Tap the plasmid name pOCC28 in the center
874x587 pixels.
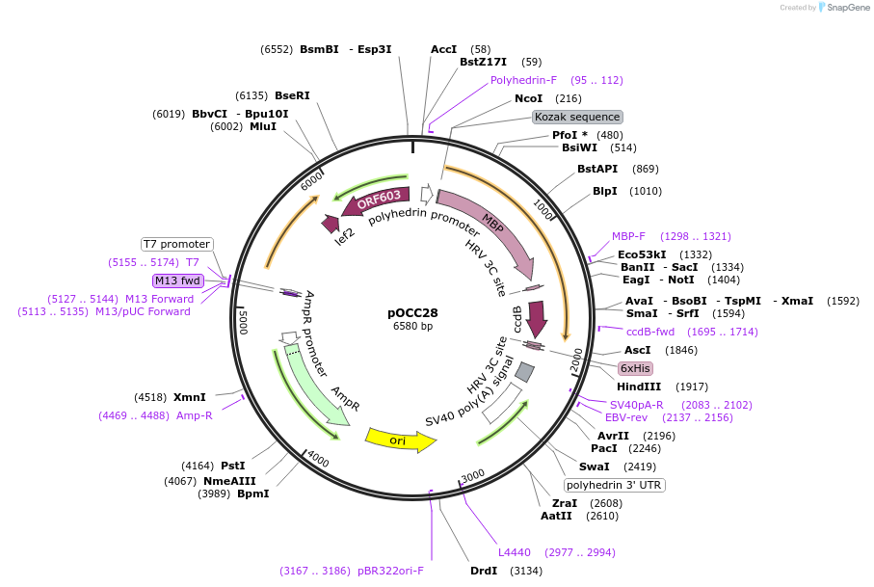[412, 312]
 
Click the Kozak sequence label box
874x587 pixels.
[578, 117]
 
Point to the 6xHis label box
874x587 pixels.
[635, 368]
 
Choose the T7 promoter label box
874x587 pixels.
[176, 244]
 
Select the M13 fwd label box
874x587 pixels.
[177, 280]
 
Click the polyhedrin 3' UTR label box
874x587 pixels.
[615, 485]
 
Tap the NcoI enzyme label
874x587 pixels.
[528, 98]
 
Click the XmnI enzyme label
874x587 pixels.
[190, 397]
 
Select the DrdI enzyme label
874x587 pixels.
[484, 571]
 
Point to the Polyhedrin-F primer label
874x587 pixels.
[523, 80]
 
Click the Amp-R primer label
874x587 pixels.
[195, 415]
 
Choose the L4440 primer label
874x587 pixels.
[514, 552]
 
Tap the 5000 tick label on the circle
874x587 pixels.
[244, 321]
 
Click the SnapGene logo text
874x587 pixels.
[845, 8]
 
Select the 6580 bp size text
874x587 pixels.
[412, 327]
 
